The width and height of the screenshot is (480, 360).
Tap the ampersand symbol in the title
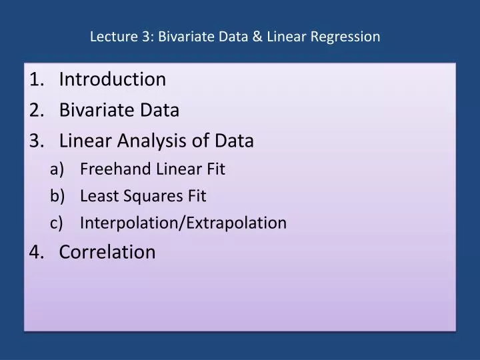257,37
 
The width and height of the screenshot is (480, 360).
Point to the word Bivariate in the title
188,37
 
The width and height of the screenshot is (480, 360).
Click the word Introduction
112,79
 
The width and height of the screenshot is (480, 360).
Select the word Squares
149,197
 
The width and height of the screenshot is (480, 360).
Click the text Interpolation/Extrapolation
183,223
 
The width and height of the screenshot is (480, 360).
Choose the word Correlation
107,252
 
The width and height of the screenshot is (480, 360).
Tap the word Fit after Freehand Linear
215,169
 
